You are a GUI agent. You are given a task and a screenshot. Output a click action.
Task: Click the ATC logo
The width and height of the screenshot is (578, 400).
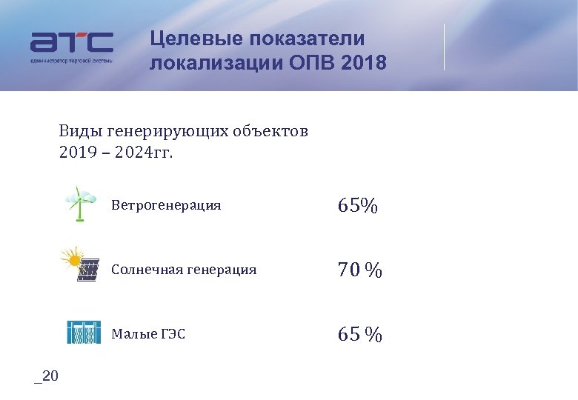tap(72, 46)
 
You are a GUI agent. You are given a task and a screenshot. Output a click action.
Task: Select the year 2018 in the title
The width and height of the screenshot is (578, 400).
tap(365, 63)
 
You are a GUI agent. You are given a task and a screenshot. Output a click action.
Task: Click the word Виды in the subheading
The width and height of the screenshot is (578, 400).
tap(81, 133)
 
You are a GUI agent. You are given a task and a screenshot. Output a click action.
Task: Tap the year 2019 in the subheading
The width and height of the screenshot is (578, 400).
tap(76, 154)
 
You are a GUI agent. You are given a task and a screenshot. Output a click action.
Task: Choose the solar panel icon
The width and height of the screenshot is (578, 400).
tap(81, 265)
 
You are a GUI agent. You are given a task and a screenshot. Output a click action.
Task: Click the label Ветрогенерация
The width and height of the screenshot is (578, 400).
tap(166, 205)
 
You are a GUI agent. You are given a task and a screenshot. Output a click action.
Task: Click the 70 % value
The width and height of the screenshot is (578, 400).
tap(360, 271)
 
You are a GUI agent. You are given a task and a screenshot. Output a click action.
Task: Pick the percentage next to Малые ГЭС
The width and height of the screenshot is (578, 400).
tap(360, 335)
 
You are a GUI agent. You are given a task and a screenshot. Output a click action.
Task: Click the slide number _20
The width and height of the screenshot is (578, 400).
tap(46, 376)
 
